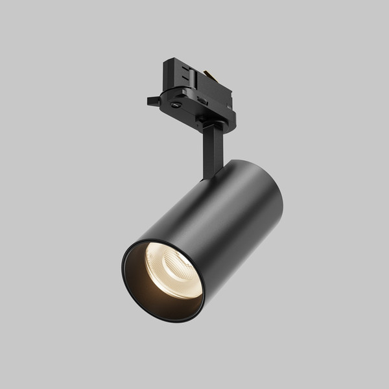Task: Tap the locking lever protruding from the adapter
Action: pos(154,100)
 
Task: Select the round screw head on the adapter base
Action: pos(176,103)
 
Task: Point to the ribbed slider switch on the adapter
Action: pos(202,101)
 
